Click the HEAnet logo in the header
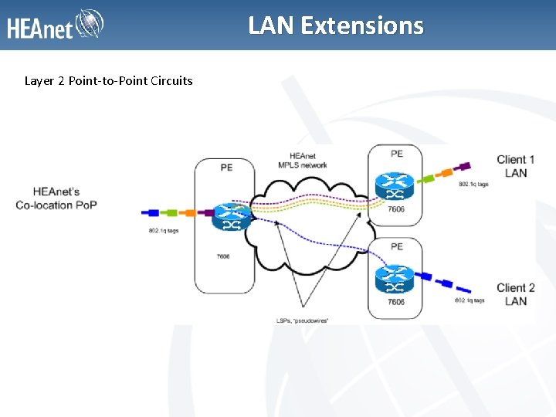(56, 25)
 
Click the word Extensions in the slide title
(362, 25)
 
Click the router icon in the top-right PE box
(394, 186)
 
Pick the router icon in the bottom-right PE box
(394, 279)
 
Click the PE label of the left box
(225, 166)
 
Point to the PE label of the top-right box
(396, 154)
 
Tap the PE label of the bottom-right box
(396, 246)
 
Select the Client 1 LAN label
(516, 166)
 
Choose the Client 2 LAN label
(516, 294)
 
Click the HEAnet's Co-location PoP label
(56, 198)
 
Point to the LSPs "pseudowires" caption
(302, 319)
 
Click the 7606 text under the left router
(224, 256)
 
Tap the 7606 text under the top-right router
(395, 209)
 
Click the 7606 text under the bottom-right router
(395, 302)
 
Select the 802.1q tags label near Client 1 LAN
(473, 185)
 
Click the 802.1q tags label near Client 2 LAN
(470, 300)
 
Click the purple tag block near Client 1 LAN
(465, 165)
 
